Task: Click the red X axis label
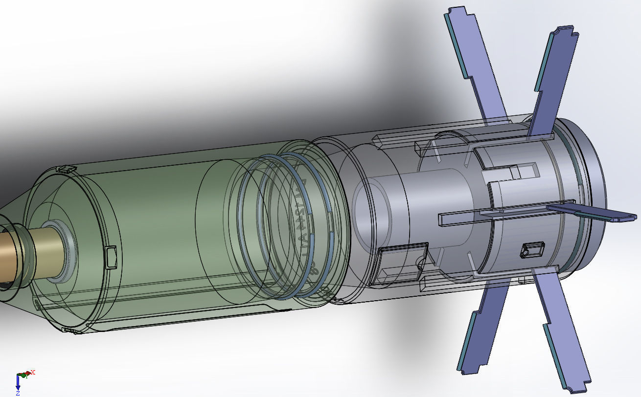click(x=33, y=372)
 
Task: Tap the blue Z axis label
click(x=18, y=393)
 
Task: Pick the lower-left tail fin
click(x=481, y=328)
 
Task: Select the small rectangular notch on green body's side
click(x=111, y=257)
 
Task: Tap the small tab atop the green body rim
click(x=68, y=169)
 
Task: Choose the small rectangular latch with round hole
click(x=531, y=250)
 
